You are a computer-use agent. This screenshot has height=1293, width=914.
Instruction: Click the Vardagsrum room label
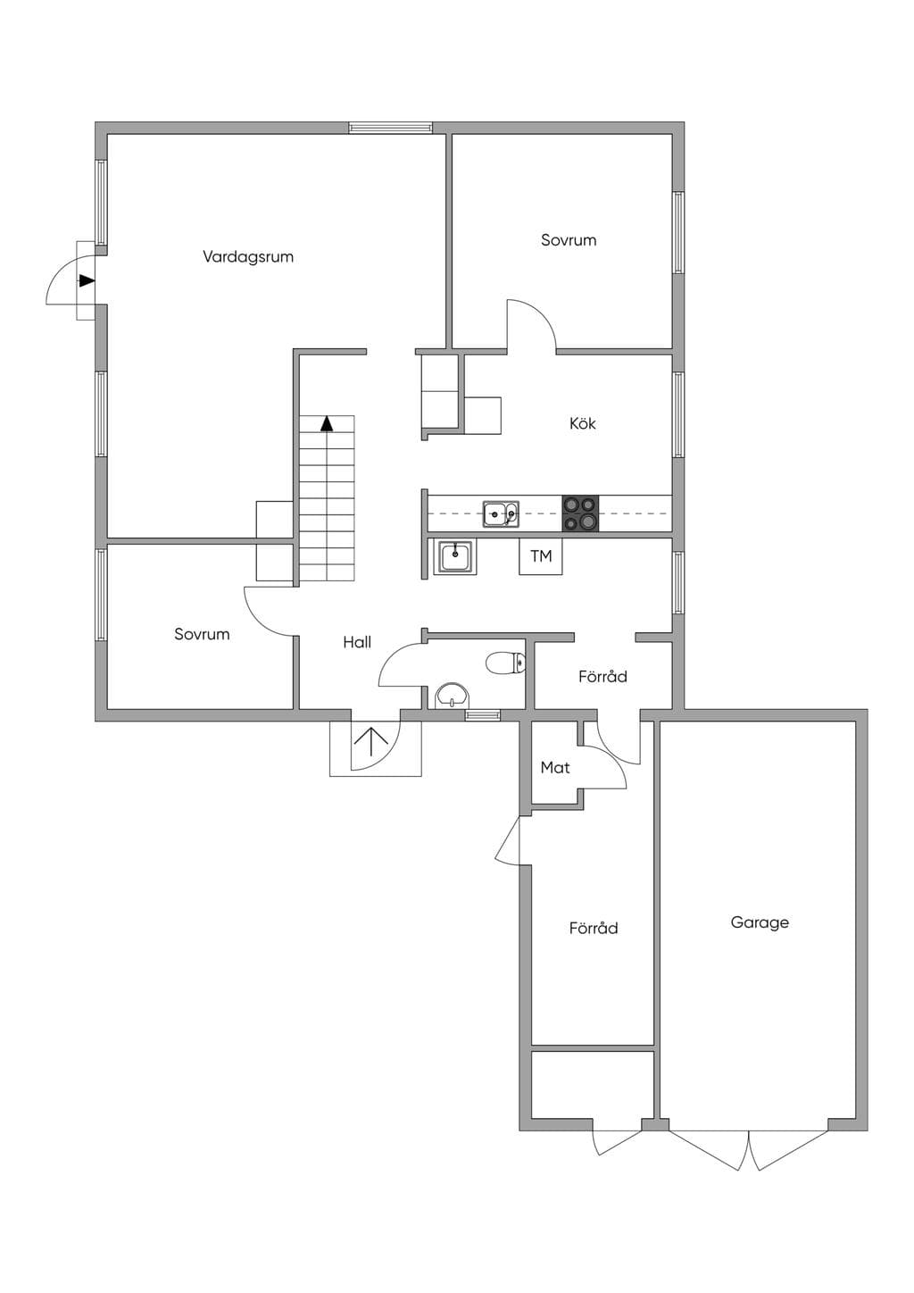click(248, 257)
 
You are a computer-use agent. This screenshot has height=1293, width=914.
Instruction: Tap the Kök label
click(582, 423)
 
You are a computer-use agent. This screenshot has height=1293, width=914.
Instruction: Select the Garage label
click(760, 922)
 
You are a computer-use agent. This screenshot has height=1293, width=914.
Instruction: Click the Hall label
click(357, 642)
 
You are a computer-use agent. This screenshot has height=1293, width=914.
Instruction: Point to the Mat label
click(555, 767)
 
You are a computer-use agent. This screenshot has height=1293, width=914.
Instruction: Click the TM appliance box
click(541, 556)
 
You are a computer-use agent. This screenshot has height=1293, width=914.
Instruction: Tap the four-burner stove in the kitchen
click(580, 513)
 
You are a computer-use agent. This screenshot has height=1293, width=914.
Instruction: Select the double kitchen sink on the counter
click(501, 513)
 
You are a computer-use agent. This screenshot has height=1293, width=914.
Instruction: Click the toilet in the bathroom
click(506, 663)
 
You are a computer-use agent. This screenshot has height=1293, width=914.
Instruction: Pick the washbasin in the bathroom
click(453, 696)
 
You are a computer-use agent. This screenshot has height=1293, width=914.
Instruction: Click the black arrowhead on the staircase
click(328, 423)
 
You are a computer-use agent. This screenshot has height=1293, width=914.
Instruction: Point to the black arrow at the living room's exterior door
click(87, 280)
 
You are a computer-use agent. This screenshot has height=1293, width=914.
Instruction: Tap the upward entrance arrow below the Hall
click(371, 742)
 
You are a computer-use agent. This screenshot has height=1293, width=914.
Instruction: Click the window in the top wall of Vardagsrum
click(391, 128)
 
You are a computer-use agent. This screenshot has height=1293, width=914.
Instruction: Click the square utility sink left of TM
click(456, 556)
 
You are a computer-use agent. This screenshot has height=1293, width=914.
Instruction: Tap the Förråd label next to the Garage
click(594, 928)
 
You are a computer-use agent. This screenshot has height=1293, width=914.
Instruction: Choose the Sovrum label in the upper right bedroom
click(569, 240)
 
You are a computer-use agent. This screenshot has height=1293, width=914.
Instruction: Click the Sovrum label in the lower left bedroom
click(202, 634)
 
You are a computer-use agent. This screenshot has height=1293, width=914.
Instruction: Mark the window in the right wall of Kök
click(678, 414)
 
